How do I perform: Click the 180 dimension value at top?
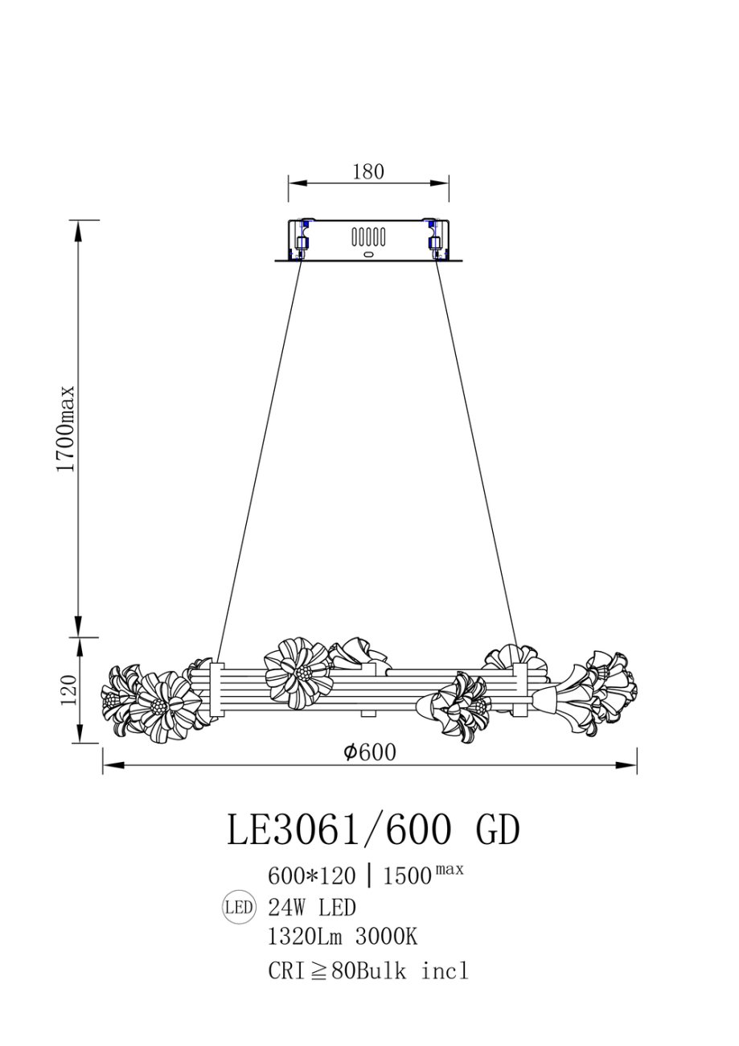click(368, 172)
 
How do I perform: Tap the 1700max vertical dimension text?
click(65, 429)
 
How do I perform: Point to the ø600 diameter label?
click(370, 752)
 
